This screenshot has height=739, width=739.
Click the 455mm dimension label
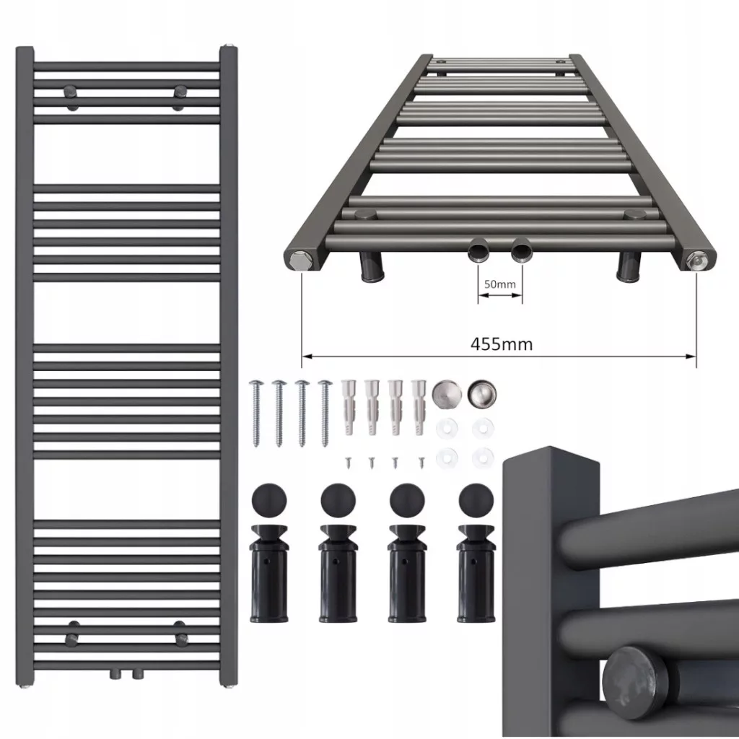coord(502,344)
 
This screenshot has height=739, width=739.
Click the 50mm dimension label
coord(500,284)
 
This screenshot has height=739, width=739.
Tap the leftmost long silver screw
coord(255,413)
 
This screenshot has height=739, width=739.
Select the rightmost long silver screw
coord(325,413)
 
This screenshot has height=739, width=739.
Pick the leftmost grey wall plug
coord(349,407)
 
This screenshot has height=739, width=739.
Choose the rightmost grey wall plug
coord(419,407)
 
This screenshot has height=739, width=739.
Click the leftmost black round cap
coord(269,499)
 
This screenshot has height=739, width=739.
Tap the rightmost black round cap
coord(476,499)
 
